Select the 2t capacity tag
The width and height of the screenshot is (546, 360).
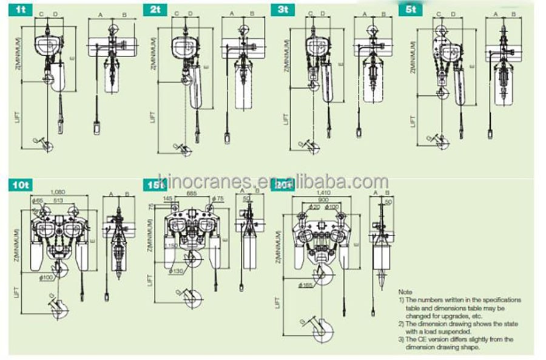click(x=154, y=10)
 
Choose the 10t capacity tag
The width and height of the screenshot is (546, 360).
click(x=19, y=185)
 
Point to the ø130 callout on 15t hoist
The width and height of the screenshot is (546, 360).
click(x=177, y=270)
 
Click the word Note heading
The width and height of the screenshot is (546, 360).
click(x=405, y=292)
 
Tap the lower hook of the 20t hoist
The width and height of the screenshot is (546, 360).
click(x=322, y=331)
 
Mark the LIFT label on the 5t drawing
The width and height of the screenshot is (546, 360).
click(x=413, y=119)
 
